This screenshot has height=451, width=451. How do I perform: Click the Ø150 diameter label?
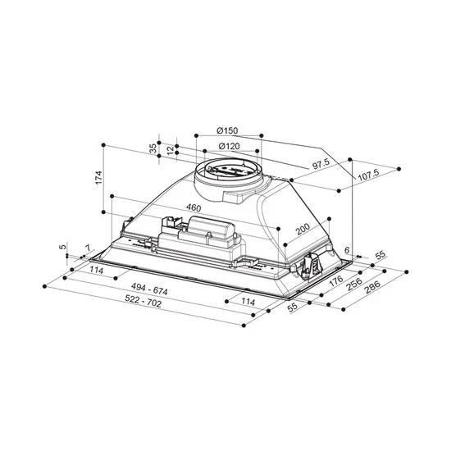click(228, 132)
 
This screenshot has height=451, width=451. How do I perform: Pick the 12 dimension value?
click(170, 151)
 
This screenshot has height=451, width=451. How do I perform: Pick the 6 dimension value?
click(347, 250)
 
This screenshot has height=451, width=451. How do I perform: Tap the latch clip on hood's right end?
click(311, 263)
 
